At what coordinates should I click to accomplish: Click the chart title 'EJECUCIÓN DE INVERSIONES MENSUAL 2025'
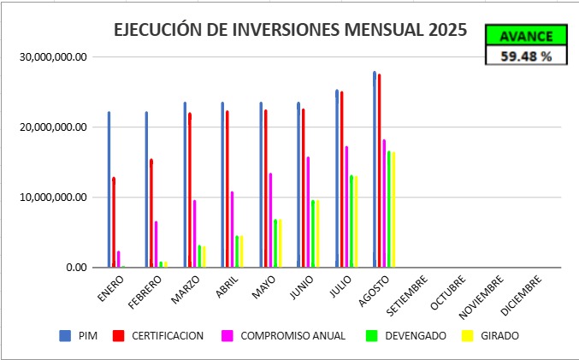291,30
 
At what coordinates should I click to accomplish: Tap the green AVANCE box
525,35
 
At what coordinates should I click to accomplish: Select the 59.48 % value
525,56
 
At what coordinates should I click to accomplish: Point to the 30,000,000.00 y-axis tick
53,57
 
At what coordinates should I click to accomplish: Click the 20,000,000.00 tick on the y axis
53,127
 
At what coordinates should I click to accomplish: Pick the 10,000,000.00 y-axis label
53,198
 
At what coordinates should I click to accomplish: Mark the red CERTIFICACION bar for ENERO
114,222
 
